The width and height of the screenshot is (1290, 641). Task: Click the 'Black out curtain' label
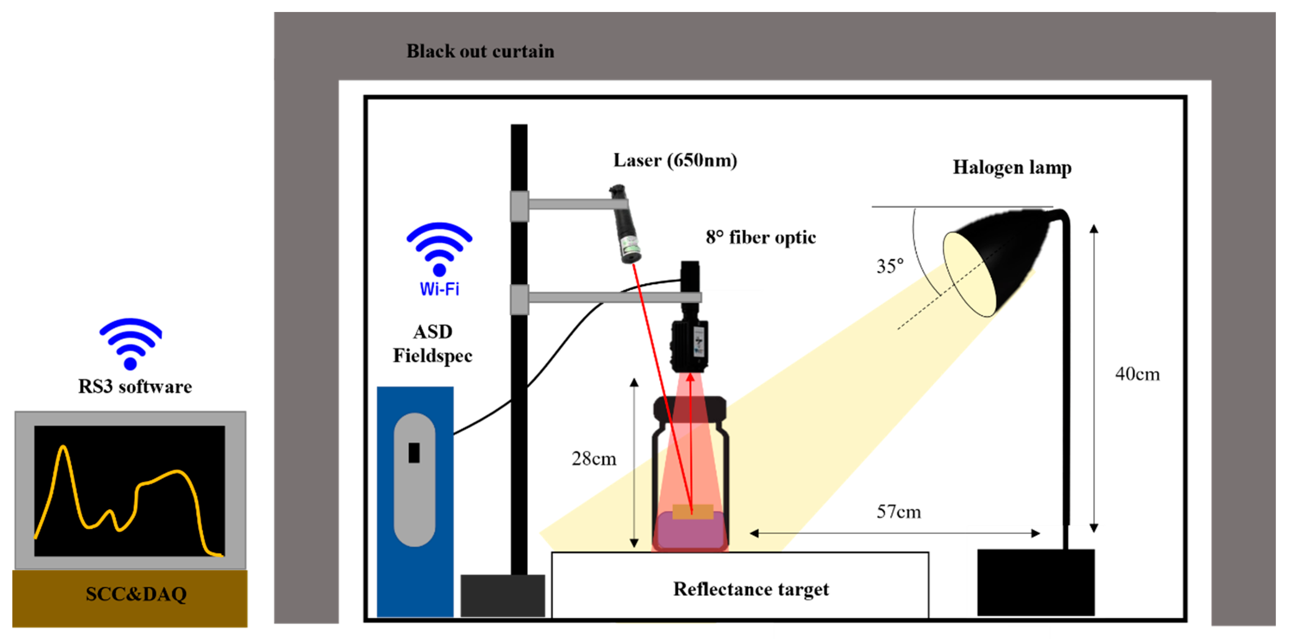480,51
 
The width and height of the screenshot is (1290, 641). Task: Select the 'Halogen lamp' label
1011,167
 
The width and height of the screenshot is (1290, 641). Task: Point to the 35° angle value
889,266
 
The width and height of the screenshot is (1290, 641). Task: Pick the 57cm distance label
899,512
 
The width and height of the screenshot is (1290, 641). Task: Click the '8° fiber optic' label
760,237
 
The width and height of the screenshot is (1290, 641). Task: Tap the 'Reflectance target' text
750,589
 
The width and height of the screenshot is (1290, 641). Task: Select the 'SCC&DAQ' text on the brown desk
136,594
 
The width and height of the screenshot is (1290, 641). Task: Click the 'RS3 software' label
135,387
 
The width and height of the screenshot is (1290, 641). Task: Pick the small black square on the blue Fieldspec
414,453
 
